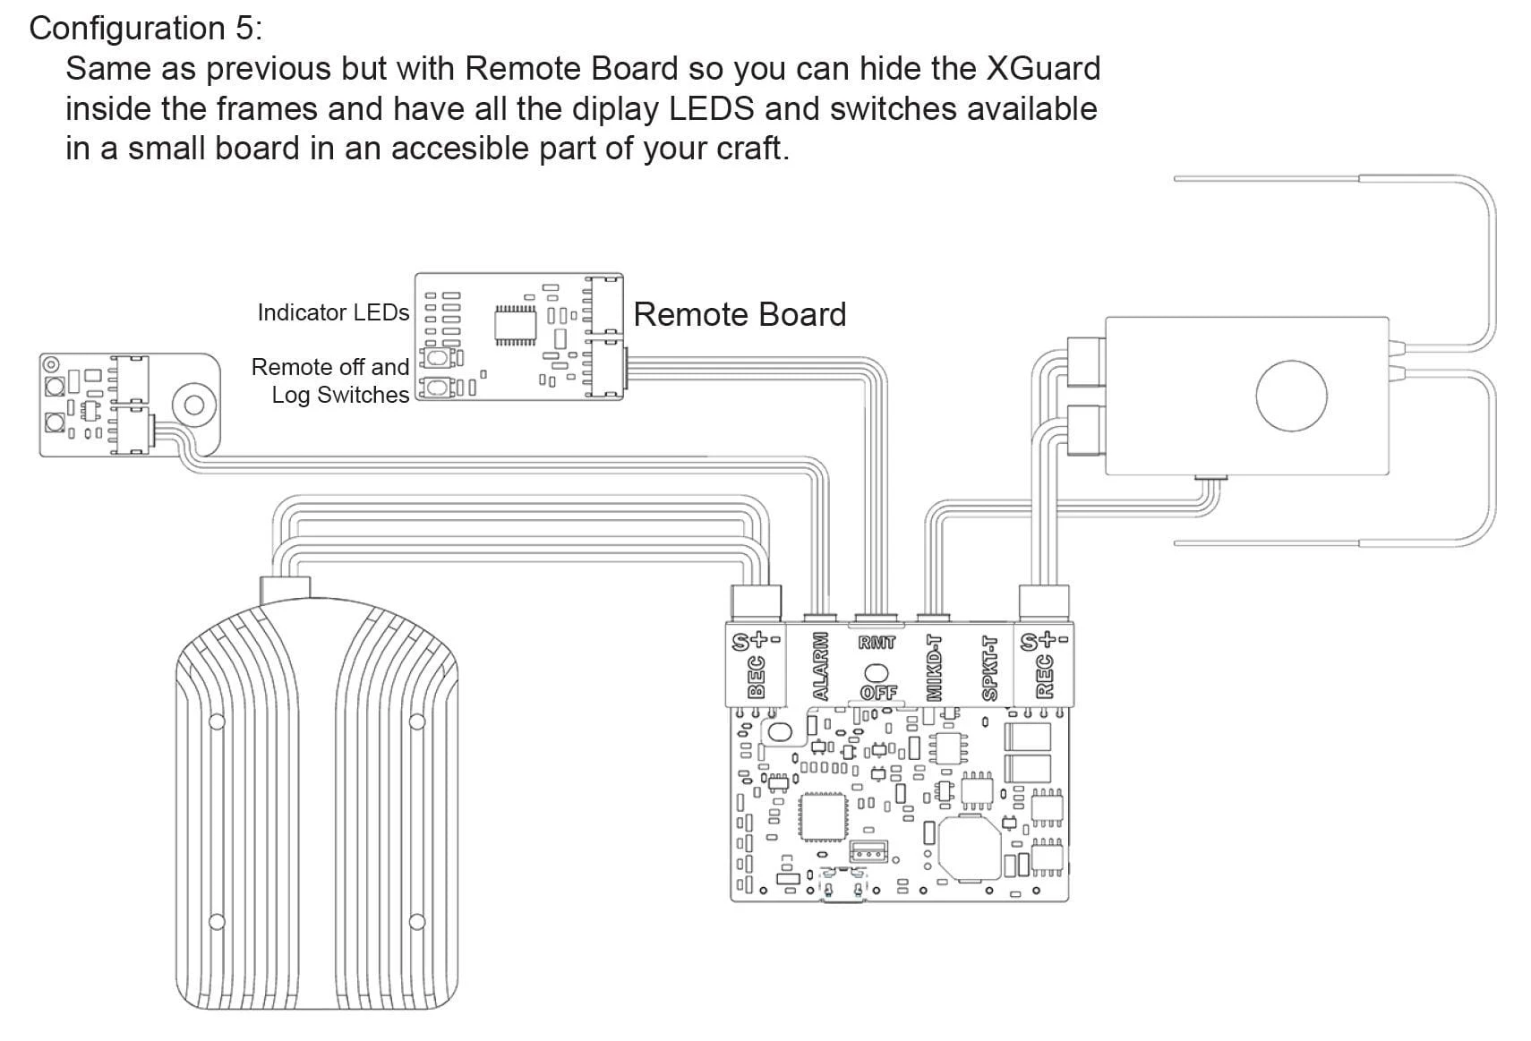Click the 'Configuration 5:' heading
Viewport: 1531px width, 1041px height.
pyautogui.click(x=146, y=29)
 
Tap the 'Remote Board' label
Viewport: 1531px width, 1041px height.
pyautogui.click(x=739, y=314)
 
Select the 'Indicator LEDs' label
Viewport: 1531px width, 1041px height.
pyautogui.click(x=332, y=312)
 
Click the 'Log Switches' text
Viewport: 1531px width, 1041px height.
pyautogui.click(x=339, y=395)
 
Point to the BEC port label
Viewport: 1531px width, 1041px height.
pyautogui.click(x=756, y=678)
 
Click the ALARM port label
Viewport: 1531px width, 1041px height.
pyautogui.click(x=820, y=667)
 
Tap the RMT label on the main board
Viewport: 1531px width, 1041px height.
pyautogui.click(x=877, y=642)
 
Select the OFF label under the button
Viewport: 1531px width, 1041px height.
pyautogui.click(x=877, y=693)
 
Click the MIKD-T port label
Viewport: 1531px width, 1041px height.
pyautogui.click(x=934, y=668)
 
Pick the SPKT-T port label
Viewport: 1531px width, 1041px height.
pyautogui.click(x=989, y=668)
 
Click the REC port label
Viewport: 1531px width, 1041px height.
pyautogui.click(x=1044, y=678)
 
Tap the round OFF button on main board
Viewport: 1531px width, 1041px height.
pyautogui.click(x=877, y=671)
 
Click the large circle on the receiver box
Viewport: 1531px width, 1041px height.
pyautogui.click(x=1290, y=395)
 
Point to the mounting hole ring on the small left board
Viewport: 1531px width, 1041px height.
pyautogui.click(x=193, y=405)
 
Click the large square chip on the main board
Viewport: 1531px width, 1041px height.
pyautogui.click(x=823, y=817)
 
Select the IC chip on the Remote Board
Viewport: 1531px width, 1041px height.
pyautogui.click(x=515, y=323)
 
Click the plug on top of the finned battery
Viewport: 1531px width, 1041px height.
pyautogui.click(x=285, y=590)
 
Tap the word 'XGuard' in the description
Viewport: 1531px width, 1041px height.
pyautogui.click(x=1043, y=69)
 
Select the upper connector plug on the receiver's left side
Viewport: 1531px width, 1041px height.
pyautogui.click(x=1085, y=362)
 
